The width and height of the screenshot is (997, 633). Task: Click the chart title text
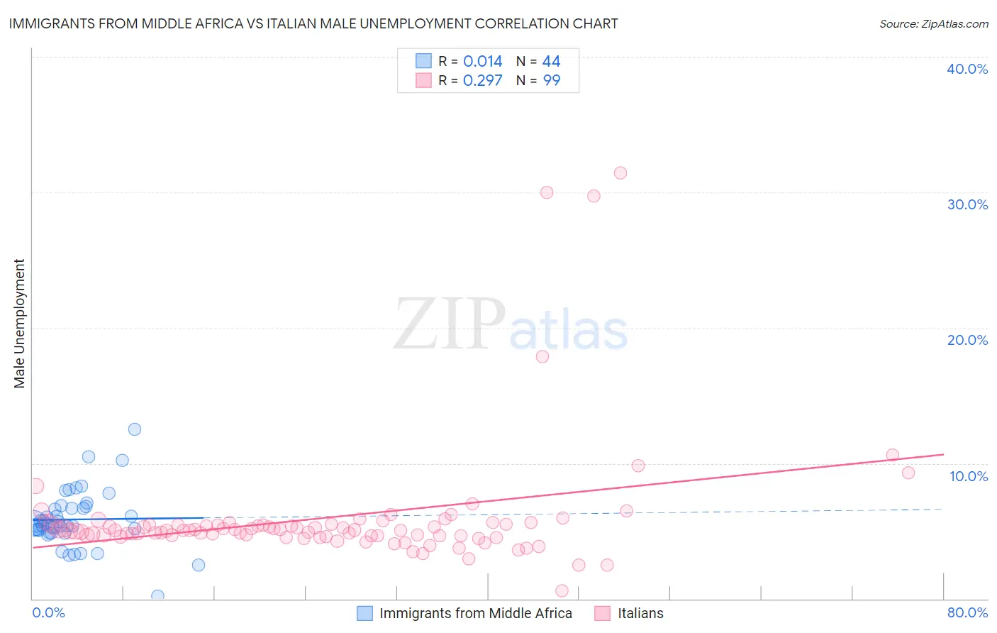click(x=313, y=23)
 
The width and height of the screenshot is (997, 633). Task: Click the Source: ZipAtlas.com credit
click(x=933, y=23)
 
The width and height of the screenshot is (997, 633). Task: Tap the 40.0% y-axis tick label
click(x=967, y=69)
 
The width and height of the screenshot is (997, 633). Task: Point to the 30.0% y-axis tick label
click(x=967, y=204)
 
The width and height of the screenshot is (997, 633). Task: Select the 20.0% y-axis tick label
click(x=967, y=340)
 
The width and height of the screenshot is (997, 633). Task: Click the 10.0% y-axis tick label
click(x=968, y=476)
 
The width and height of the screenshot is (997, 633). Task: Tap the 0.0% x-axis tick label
click(x=48, y=612)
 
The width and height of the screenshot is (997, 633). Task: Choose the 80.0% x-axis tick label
click(x=967, y=612)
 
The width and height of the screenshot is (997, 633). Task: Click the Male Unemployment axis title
click(x=19, y=324)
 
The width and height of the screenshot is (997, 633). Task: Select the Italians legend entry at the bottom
click(x=640, y=613)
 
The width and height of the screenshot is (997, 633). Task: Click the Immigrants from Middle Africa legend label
click(x=475, y=613)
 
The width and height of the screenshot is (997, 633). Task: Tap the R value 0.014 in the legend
click(x=482, y=62)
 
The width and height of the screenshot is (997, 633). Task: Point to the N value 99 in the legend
click(x=551, y=81)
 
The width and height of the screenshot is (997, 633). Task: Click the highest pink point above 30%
click(x=620, y=173)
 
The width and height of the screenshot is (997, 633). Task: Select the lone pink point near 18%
click(x=542, y=356)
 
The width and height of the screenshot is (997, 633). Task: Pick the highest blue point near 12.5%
click(x=135, y=429)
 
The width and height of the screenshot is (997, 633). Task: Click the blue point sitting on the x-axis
click(x=157, y=595)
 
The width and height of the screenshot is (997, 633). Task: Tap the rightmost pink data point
click(x=908, y=473)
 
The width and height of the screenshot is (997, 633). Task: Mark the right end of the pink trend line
click(x=943, y=453)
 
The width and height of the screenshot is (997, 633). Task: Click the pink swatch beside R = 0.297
click(x=423, y=80)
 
